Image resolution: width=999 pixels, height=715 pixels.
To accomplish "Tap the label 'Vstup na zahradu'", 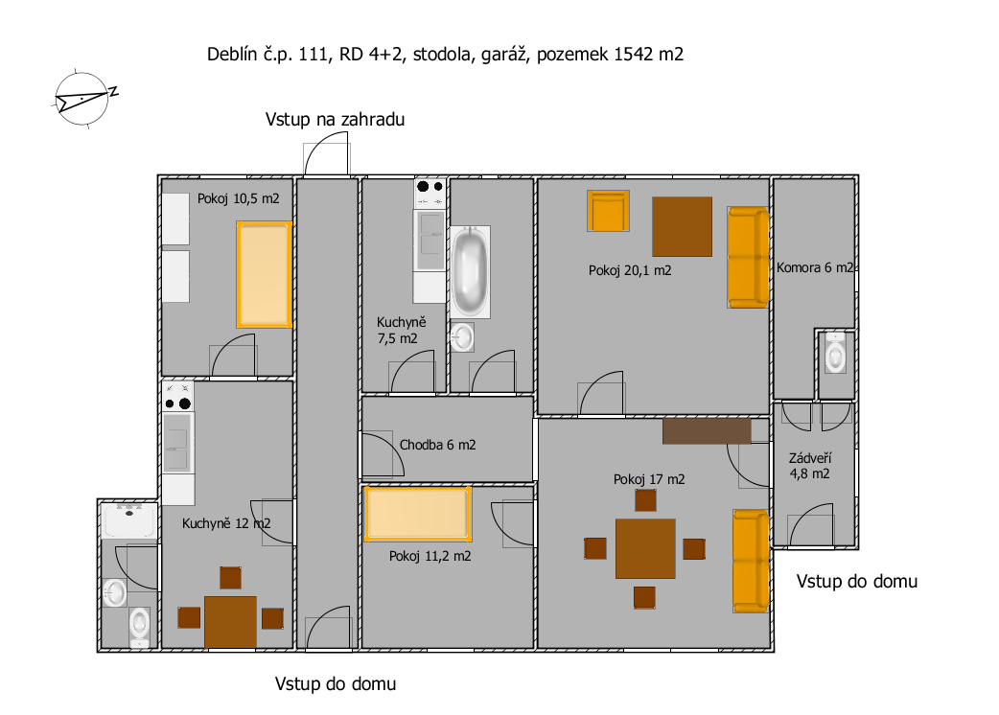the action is click(x=336, y=119).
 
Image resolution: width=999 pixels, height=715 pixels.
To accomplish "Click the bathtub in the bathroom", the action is click(x=470, y=272).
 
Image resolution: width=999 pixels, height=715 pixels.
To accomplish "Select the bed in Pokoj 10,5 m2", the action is click(x=265, y=274).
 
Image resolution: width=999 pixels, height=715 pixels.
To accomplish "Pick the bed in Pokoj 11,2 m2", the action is click(x=418, y=514).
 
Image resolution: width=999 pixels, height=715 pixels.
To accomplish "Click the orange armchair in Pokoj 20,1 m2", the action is click(x=608, y=211).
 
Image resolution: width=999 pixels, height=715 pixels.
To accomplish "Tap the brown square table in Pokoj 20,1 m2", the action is click(x=682, y=226).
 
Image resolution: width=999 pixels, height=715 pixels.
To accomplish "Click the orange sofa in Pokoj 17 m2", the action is click(x=751, y=561).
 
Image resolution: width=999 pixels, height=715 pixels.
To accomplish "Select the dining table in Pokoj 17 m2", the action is click(x=645, y=549).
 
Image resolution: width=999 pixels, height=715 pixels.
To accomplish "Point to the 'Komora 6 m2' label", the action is click(x=814, y=268).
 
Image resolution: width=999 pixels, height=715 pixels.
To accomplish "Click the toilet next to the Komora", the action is click(x=835, y=352).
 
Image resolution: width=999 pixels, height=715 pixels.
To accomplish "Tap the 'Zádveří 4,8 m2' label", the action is click(x=810, y=466).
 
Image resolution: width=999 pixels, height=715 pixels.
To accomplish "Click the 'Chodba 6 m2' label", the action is click(x=438, y=445).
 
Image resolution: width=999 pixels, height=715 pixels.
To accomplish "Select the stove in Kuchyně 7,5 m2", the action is click(x=430, y=194).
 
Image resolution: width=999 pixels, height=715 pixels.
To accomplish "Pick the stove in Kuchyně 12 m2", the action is click(x=177, y=397).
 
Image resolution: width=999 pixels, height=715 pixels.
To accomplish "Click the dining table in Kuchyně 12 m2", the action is click(x=231, y=622).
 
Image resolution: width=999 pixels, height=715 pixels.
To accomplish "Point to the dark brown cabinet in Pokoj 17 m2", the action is click(x=707, y=431).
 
